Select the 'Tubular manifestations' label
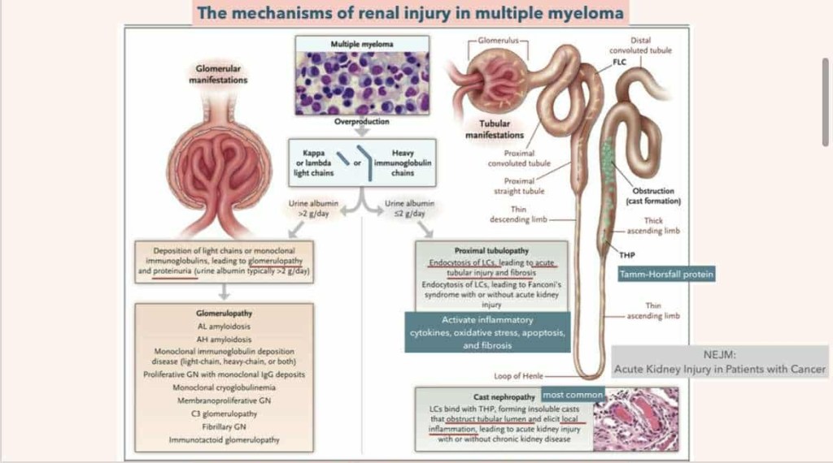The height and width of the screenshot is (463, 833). tap(495, 129)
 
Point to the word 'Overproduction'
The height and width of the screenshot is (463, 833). tap(362, 121)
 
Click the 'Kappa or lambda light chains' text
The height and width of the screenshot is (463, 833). tap(313, 162)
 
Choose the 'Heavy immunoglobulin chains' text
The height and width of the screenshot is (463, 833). tap(403, 162)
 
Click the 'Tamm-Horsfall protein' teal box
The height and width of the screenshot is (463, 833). tap(666, 275)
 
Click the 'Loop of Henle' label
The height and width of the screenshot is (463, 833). tap(517, 376)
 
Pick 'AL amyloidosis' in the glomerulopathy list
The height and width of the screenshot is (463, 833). tap(224, 325)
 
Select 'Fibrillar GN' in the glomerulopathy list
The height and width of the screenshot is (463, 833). tap(224, 426)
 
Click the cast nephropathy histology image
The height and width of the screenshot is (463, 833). tap(635, 419)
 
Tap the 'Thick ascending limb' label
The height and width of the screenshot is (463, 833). tap(653, 225)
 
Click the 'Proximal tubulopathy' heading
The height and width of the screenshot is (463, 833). tap(491, 252)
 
